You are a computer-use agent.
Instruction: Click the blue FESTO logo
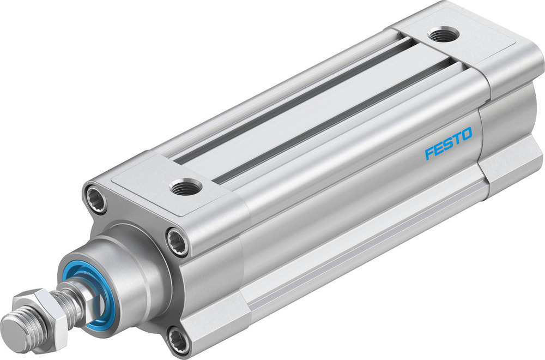point(448,143)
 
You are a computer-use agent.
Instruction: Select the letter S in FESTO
point(448,143)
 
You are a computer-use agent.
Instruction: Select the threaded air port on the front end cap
point(186,188)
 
